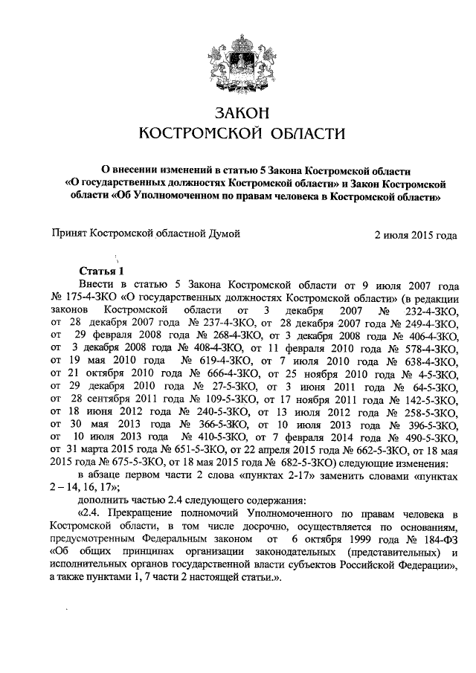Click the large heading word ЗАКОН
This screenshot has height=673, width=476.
click(x=238, y=113)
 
